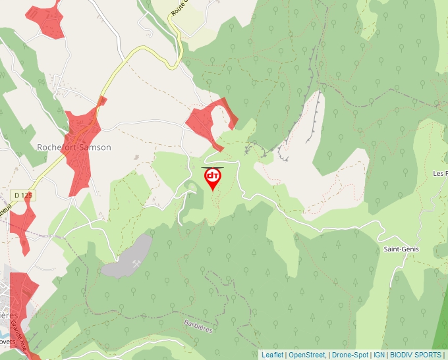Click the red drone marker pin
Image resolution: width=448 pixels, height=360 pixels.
point(213,178)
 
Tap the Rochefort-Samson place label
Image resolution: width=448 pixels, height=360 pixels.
point(74,147)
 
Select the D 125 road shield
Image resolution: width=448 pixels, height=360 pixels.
point(23,195)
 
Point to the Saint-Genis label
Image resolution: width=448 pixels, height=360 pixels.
point(401,249)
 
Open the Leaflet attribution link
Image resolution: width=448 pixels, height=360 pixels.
point(272,355)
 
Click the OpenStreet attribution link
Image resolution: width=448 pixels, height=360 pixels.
point(306,355)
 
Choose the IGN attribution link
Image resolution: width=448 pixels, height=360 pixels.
point(379,355)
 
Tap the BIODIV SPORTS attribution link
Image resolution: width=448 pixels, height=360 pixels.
point(416,355)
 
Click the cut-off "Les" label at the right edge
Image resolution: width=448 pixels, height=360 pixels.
point(440,173)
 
